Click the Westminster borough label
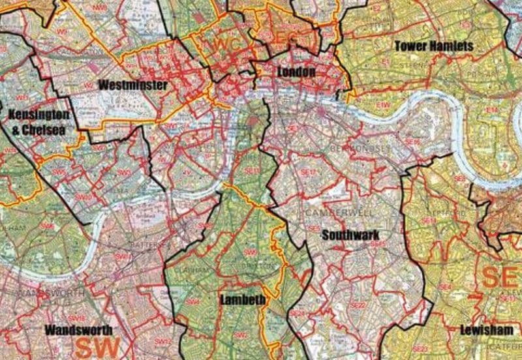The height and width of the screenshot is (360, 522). click(133, 85)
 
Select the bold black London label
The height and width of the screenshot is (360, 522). click(296, 71)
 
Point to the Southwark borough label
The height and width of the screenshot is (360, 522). click(350, 235)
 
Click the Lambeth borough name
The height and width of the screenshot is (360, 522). click(242, 300)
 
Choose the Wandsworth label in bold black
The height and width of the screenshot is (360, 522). click(79, 330)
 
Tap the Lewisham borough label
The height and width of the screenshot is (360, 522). click(486, 329)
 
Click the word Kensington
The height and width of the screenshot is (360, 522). click(38, 115)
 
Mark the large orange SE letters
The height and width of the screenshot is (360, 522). click(501, 277)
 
